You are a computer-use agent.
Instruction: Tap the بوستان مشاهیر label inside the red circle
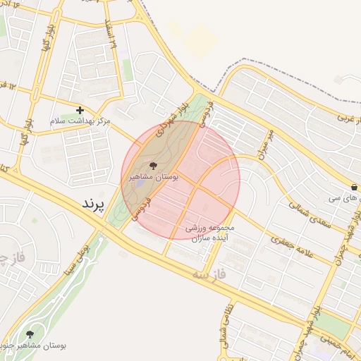(154, 177)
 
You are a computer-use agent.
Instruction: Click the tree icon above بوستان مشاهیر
(154, 166)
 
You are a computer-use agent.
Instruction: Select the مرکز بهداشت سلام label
(80, 121)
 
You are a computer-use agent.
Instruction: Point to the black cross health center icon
(80, 110)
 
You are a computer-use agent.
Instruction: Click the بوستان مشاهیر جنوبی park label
(35, 346)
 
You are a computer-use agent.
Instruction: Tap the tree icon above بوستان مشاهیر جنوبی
(30, 334)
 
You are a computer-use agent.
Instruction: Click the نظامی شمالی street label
(225, 331)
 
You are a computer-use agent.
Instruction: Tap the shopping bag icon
(353, 188)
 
